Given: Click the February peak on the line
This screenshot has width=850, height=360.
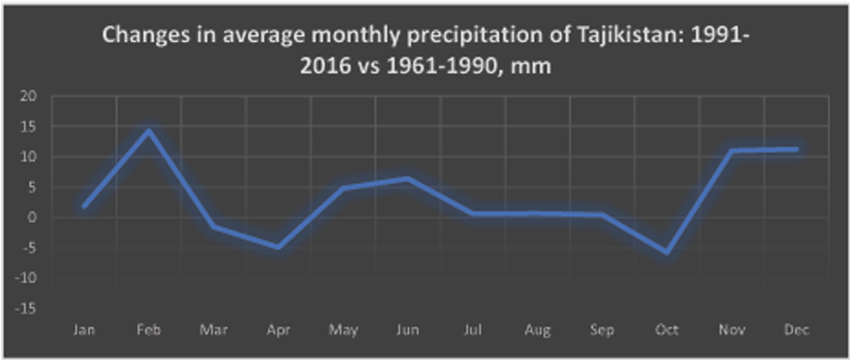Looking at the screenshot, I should click(149, 130).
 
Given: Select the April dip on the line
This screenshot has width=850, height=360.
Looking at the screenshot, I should click(278, 247).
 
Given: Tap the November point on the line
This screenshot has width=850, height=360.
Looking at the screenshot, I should click(732, 151).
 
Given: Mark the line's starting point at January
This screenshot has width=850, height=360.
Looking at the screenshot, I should click(84, 206).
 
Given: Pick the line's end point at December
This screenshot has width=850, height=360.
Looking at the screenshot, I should click(796, 149).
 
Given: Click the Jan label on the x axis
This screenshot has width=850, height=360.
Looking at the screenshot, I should click(84, 330).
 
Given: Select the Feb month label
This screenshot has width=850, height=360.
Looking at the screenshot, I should click(149, 330).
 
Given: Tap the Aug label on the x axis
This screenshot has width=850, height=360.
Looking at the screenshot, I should click(537, 330).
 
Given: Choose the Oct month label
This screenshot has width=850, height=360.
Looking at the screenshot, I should click(667, 330).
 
